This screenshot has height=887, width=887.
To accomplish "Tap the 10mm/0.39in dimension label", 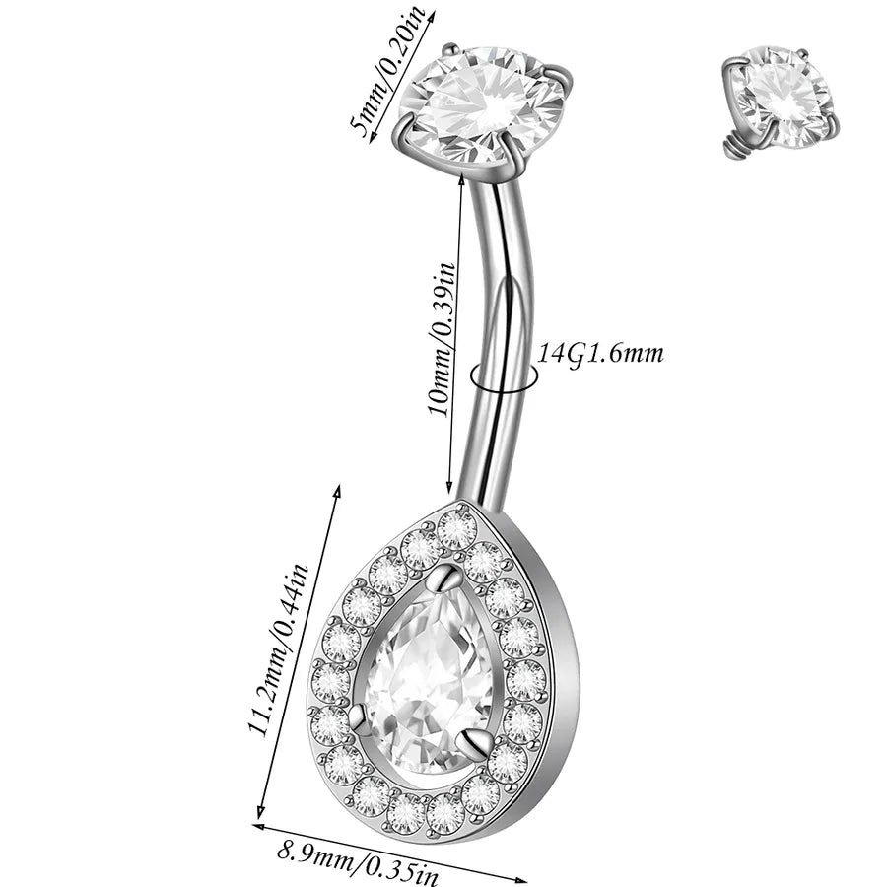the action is (x=442, y=339).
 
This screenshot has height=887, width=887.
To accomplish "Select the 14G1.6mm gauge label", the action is (x=599, y=354).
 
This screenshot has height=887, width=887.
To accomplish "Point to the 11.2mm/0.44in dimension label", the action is (x=278, y=649).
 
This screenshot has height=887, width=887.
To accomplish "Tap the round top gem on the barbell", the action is (x=485, y=105).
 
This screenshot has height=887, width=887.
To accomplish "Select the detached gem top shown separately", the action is (x=780, y=99).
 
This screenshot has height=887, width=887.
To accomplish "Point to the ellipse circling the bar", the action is (x=503, y=378).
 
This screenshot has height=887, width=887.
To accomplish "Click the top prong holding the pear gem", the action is (x=448, y=579).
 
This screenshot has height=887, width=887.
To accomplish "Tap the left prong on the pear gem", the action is (x=359, y=718).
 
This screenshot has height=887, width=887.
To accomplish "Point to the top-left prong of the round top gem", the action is (x=450, y=49).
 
